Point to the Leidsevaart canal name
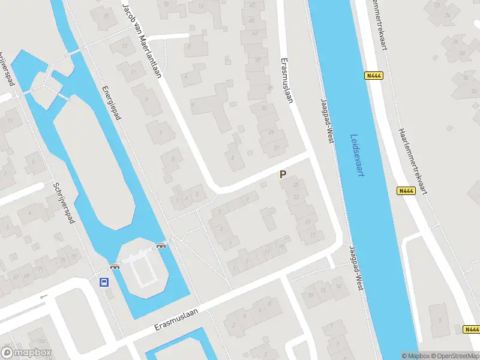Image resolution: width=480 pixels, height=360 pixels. click(358, 155)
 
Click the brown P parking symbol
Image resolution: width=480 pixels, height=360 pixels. click(283, 175)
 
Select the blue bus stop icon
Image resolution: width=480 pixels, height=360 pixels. click(104, 282)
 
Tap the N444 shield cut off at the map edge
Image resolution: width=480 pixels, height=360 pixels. click(472, 329)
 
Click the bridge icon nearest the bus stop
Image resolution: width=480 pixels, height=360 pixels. click(114, 266)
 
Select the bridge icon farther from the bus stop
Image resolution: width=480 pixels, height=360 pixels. click(160, 244)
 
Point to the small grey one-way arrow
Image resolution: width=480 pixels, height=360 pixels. click(43, 296)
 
